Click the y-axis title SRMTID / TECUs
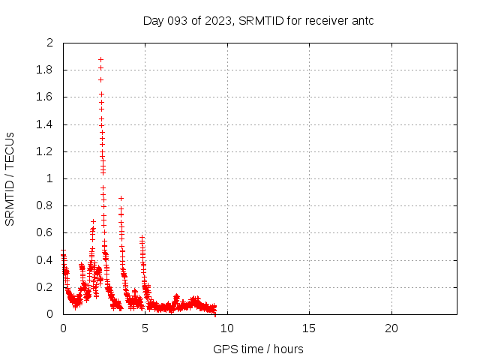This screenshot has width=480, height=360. (10, 178)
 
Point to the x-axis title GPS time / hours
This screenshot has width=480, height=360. (258, 349)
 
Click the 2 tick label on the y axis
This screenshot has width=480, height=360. (49, 43)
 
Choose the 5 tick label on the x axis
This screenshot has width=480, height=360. (145, 328)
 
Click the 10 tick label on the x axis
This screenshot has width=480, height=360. (227, 328)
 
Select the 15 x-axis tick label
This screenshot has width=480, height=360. (309, 328)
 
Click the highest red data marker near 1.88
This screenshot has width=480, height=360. (100, 59)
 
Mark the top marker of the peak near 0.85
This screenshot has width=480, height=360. (121, 199)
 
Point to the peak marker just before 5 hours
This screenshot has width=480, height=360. (142, 238)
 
